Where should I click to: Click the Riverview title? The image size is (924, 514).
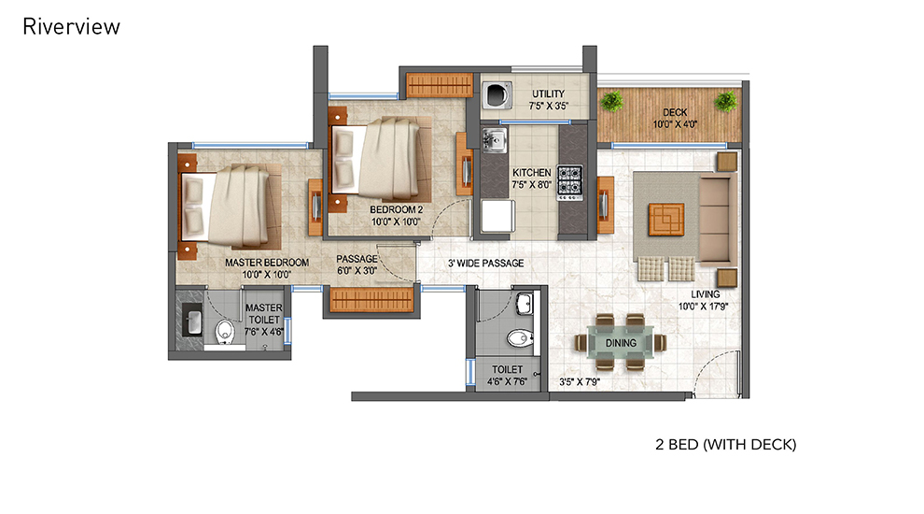click(x=71, y=26)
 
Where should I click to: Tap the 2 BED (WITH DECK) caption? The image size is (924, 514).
click(x=725, y=444)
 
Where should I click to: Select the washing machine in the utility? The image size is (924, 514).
click(x=497, y=95)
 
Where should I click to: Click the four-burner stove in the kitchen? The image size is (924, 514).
click(x=570, y=181)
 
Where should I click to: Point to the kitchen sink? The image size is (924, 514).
click(x=494, y=140)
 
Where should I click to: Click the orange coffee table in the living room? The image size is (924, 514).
click(x=666, y=220)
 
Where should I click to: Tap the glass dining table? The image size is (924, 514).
click(x=621, y=342)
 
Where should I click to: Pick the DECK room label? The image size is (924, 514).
click(x=675, y=112)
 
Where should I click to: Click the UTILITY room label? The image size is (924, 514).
click(x=548, y=93)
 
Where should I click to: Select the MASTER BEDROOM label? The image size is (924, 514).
click(x=267, y=263)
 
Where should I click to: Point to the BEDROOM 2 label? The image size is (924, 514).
click(x=396, y=209)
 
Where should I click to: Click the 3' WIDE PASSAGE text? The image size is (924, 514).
click(x=485, y=264)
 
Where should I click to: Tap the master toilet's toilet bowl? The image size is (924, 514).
click(x=225, y=332)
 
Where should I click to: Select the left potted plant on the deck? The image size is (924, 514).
click(x=612, y=101)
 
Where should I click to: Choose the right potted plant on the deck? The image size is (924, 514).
click(x=725, y=101)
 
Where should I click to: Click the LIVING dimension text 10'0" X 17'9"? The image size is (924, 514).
click(x=703, y=307)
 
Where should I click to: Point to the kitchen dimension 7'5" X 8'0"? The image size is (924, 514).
click(x=532, y=185)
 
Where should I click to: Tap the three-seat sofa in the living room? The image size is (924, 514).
click(x=717, y=220)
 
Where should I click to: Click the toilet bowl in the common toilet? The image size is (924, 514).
click(x=519, y=338)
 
